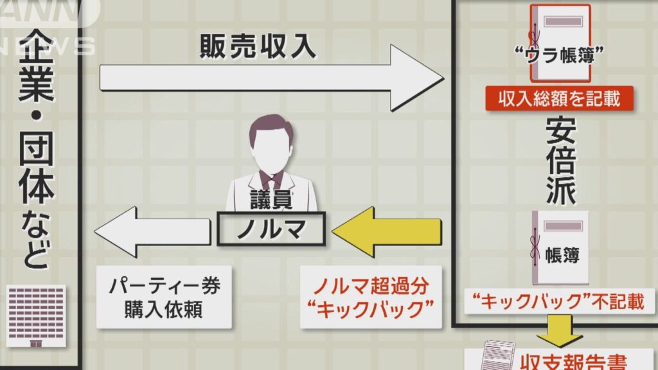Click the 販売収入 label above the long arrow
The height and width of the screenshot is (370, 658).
(258, 46)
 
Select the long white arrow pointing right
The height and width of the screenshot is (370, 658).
(272, 78)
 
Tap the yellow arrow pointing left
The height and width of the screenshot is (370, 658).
(387, 231)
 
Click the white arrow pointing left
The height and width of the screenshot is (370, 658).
(152, 231)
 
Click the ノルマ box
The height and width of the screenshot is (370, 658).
(271, 229)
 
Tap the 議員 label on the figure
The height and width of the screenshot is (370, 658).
(271, 199)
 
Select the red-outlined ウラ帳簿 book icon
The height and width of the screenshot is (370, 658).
(560, 44)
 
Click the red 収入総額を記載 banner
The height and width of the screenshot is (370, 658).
(560, 98)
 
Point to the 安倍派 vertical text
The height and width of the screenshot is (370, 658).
(561, 161)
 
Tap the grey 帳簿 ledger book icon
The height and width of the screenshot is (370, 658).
(560, 248)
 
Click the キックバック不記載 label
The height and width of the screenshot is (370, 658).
(560, 302)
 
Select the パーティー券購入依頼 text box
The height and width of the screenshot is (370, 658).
(164, 297)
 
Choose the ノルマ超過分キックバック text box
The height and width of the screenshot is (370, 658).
(371, 297)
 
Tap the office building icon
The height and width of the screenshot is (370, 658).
(36, 316)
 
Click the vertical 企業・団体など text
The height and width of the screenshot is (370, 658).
(37, 149)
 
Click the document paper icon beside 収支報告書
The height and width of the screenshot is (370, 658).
(498, 356)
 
